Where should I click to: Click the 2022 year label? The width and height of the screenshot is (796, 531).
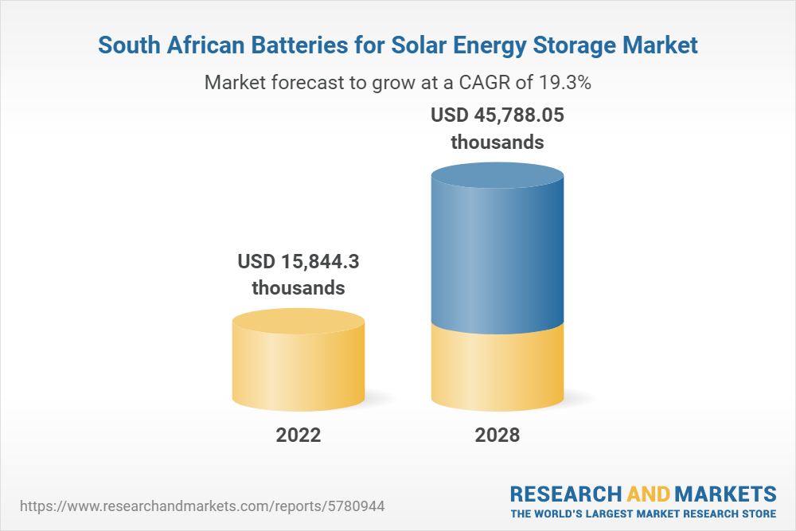(298, 435)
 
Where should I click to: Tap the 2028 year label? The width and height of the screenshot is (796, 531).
(497, 435)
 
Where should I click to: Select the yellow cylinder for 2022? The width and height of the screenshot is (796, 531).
(298, 366)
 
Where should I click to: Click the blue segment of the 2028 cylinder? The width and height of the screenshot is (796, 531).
(497, 247)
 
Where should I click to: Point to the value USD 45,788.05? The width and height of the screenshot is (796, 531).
(497, 115)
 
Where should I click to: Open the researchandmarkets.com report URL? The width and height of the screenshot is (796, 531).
(206, 506)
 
